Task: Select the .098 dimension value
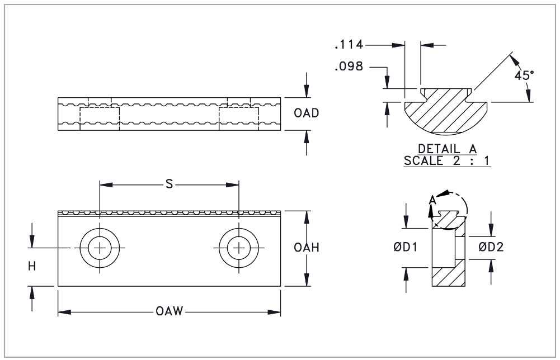(349, 67)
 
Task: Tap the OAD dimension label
(306, 113)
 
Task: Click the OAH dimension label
(306, 248)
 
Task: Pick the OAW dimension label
(170, 311)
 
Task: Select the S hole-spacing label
(168, 184)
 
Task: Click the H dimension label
(32, 267)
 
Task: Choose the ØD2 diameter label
(491, 247)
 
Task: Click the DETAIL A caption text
(447, 149)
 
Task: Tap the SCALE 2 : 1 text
(447, 160)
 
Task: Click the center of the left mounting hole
(100, 248)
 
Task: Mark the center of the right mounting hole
(239, 248)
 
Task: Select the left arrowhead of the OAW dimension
(62, 311)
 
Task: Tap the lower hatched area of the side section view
(447, 277)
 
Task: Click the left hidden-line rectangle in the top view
(100, 119)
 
